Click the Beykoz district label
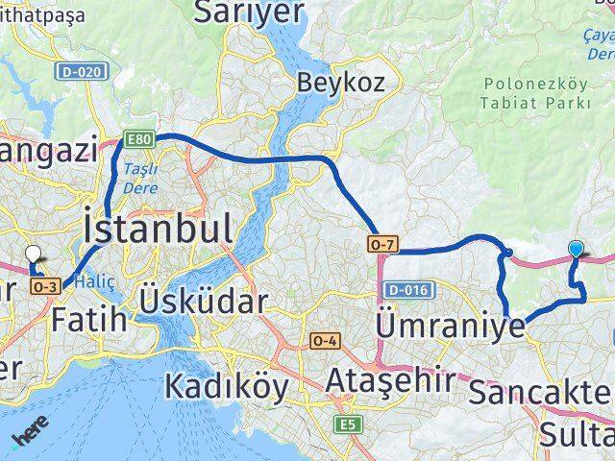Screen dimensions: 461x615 (x=340, y=83)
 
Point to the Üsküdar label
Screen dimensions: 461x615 (x=203, y=301)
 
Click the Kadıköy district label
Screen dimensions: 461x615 (x=226, y=385)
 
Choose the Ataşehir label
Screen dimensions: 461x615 (x=389, y=380)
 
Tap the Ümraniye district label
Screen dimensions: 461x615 (x=452, y=325)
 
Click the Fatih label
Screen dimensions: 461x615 (x=90, y=318)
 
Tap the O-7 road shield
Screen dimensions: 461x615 (x=381, y=246)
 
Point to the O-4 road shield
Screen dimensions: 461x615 (x=325, y=340)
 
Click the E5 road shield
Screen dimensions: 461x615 (x=344, y=423)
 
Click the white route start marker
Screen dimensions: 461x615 (x=34, y=255)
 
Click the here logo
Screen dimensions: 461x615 (x=33, y=436)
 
